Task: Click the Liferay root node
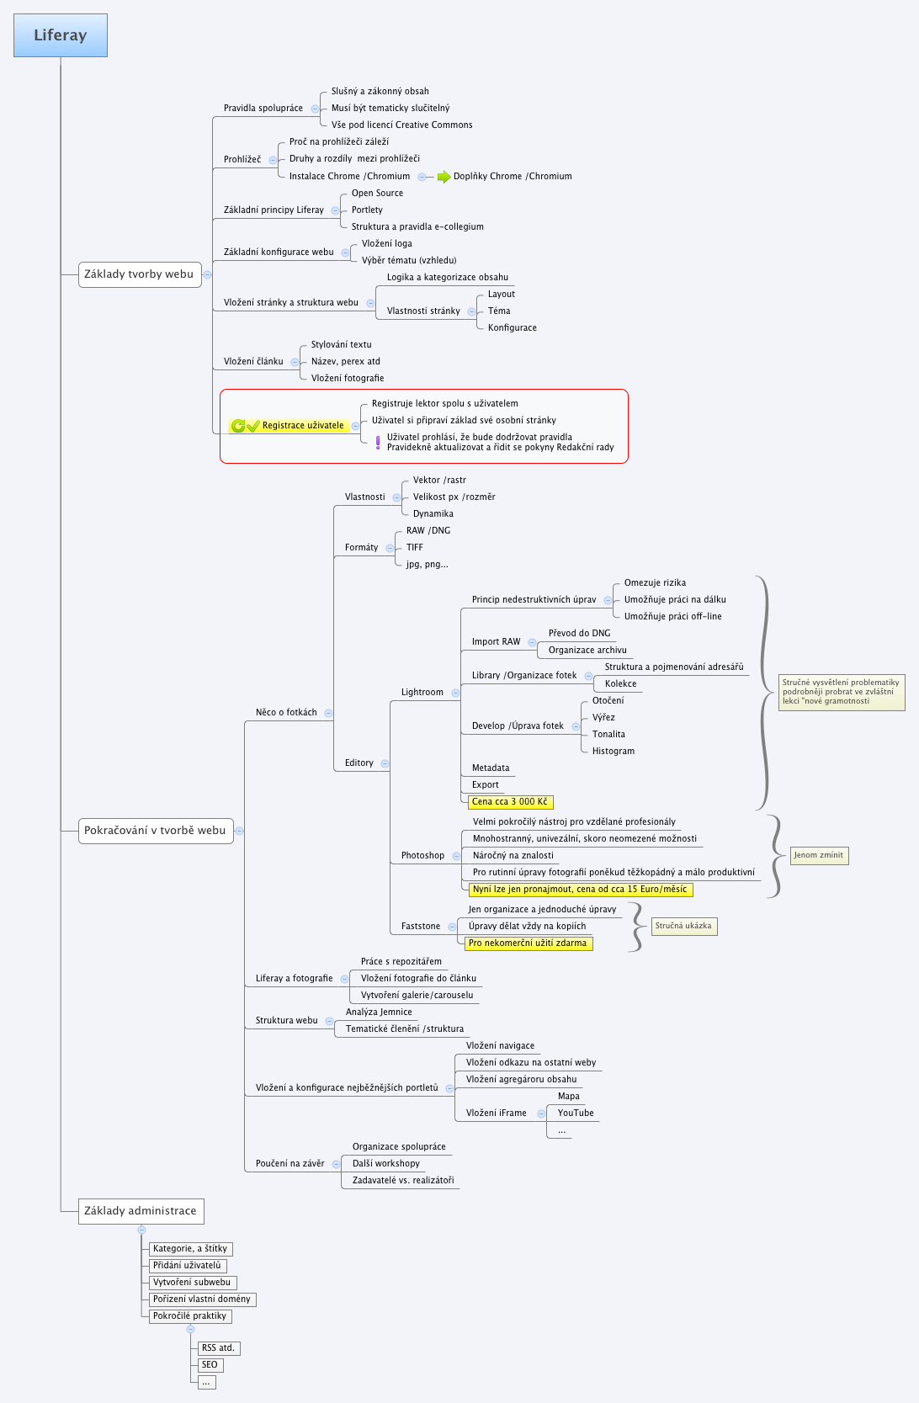(x=61, y=35)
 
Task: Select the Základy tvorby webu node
(x=139, y=274)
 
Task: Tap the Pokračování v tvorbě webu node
(x=155, y=831)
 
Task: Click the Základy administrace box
(x=141, y=1211)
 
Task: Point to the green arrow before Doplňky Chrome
(x=444, y=177)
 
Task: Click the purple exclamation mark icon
(x=378, y=442)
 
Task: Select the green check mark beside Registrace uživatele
(x=253, y=426)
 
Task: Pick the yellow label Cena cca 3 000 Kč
(x=510, y=802)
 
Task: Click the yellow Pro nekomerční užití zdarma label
(x=528, y=943)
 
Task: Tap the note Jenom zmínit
(x=818, y=855)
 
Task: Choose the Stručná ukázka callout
(x=683, y=926)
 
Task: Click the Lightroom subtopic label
(x=422, y=693)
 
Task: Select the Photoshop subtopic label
(x=422, y=856)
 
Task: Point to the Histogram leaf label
(x=614, y=752)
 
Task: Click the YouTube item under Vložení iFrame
(x=576, y=1113)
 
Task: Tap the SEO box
(x=210, y=1365)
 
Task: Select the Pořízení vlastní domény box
(x=202, y=1299)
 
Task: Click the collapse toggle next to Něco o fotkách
(x=328, y=713)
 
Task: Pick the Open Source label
(x=377, y=194)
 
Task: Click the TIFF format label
(x=415, y=548)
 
